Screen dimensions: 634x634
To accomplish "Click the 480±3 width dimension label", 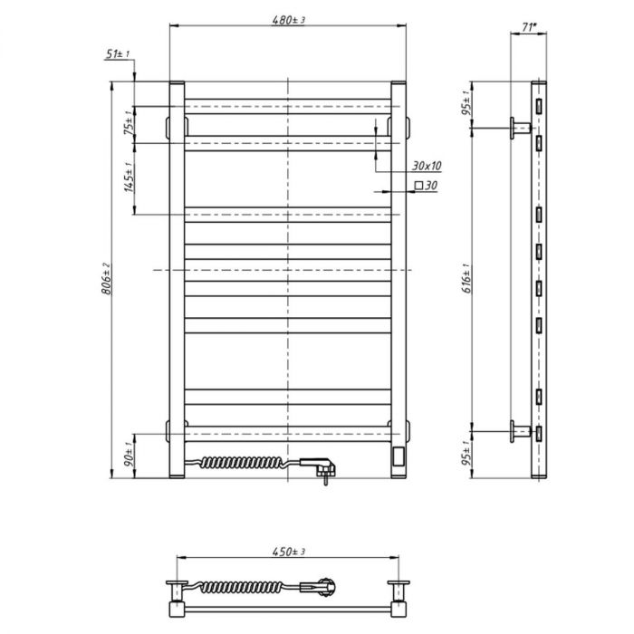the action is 288,20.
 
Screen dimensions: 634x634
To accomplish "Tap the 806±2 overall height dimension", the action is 106,278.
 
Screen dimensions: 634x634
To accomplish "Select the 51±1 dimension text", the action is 117,53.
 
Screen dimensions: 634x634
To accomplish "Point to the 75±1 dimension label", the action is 129,123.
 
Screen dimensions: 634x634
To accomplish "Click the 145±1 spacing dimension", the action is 129,178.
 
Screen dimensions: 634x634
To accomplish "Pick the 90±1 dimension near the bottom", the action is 129,456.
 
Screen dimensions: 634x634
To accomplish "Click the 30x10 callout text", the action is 427,166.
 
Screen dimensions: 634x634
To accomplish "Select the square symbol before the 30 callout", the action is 418,186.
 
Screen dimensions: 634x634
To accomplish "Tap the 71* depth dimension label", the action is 529,27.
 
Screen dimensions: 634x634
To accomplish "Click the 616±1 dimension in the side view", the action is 466,278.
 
